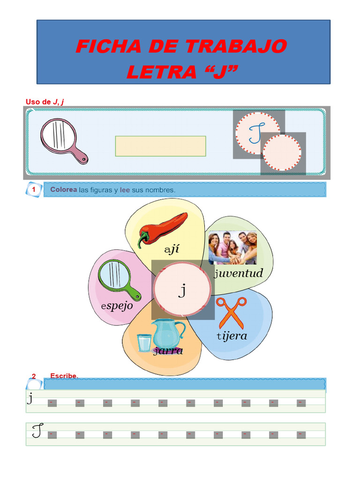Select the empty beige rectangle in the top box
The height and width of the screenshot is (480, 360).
(160, 146)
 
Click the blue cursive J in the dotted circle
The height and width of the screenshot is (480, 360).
(257, 133)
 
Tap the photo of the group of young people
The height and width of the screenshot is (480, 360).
(232, 248)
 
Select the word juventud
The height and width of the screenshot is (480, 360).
(238, 273)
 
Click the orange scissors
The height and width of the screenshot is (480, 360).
(232, 313)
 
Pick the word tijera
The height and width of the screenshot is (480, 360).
(232, 336)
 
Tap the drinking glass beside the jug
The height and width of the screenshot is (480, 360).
(144, 342)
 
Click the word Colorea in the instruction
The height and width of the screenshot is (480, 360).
(63, 190)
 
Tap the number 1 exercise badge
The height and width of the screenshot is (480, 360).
(34, 189)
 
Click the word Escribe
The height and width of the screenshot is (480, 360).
(64, 375)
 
